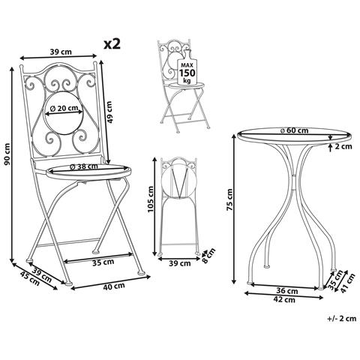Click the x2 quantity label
[112, 44]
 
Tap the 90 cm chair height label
[7, 154]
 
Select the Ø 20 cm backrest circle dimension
[64, 109]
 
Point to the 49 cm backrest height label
[109, 112]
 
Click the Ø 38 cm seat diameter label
[84, 166]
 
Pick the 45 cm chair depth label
[30, 279]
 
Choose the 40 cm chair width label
[114, 286]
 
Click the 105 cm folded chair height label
[151, 199]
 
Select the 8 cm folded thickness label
[208, 256]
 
